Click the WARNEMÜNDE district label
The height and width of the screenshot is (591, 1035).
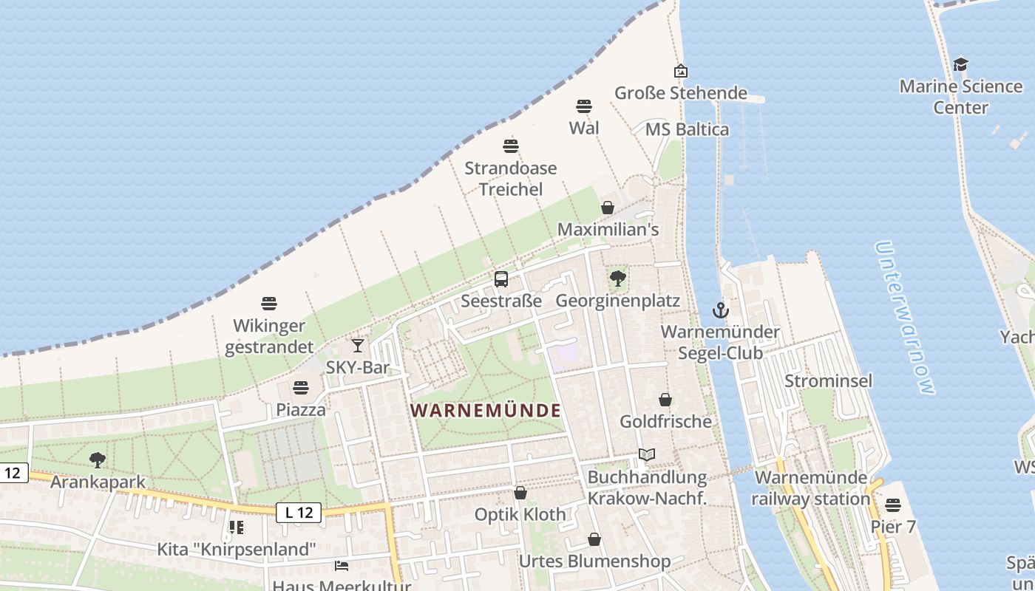click(x=486, y=410)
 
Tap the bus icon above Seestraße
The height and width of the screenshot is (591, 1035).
click(x=501, y=279)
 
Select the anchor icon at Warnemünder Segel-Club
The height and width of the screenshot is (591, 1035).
click(x=721, y=310)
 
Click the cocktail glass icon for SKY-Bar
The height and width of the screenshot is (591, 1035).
click(x=358, y=345)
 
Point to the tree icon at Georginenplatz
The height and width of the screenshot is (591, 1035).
click(x=618, y=279)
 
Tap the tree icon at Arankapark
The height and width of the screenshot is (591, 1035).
click(x=97, y=460)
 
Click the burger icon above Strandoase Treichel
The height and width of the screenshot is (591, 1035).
click(x=511, y=146)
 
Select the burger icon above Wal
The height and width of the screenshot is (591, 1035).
click(x=584, y=106)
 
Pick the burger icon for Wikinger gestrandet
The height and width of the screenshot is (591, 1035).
click(x=269, y=303)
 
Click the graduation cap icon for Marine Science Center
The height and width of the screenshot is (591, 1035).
click(x=960, y=64)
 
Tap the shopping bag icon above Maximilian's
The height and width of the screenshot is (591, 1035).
click(x=608, y=208)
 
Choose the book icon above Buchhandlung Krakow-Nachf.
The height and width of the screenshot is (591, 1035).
click(x=647, y=455)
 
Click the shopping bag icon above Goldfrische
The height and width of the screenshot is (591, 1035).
click(x=665, y=400)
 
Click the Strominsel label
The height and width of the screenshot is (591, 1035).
click(x=828, y=381)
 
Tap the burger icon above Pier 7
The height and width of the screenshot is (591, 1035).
click(x=893, y=505)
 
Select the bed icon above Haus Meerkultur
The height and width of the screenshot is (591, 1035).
click(x=342, y=566)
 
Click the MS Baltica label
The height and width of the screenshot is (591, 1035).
click(x=687, y=129)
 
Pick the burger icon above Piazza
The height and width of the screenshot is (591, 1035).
click(x=301, y=387)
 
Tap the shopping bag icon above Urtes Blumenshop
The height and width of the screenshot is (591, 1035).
click(x=594, y=539)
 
